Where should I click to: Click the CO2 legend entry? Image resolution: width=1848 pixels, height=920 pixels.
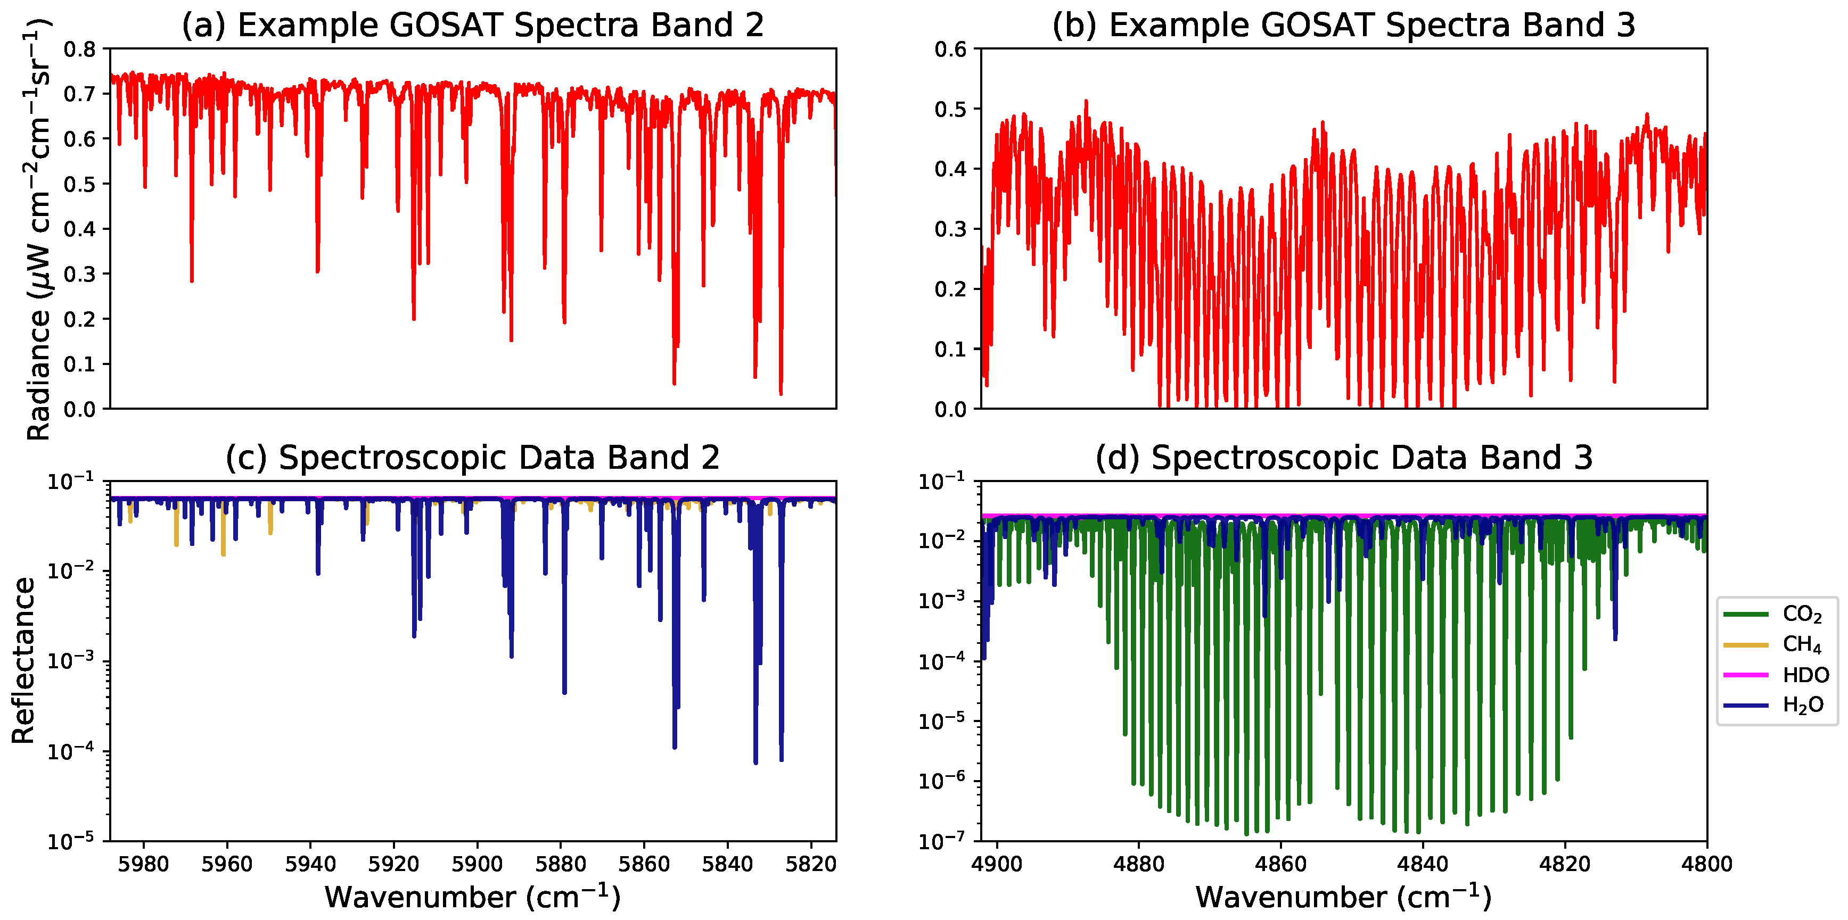tap(1801, 614)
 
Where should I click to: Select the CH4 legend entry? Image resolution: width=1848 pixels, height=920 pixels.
tap(1801, 645)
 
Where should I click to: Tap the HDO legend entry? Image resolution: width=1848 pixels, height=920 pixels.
tap(1804, 675)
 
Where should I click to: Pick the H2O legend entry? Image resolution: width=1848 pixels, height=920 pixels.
tap(1802, 705)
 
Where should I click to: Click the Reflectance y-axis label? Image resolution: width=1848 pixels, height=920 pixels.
tap(23, 660)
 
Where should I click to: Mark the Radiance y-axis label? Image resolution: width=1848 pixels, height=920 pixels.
tap(37, 229)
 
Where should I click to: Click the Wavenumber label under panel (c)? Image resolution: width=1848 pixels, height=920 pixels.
tap(472, 897)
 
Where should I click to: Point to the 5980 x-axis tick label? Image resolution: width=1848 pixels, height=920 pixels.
tap(143, 864)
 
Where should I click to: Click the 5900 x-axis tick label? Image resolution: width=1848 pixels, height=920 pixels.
tap(477, 864)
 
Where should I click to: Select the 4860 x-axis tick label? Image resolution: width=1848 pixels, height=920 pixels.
tap(1280, 864)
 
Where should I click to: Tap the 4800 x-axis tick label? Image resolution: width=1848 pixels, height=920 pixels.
tap(1707, 864)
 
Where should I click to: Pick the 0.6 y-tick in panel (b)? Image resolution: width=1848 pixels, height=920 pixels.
tap(950, 49)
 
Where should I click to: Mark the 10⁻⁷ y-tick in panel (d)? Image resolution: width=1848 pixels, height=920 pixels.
tap(941, 840)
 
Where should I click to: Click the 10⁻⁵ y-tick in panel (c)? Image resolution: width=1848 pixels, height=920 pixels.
tap(70, 840)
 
